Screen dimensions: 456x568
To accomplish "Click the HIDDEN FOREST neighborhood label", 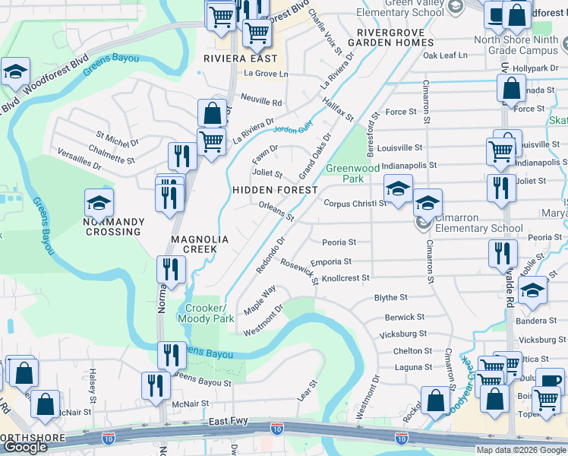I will [275, 189].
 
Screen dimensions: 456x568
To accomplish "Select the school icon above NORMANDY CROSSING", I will [99, 203].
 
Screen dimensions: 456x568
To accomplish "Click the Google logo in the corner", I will [25, 447].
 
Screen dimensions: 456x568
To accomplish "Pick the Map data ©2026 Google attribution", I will [520, 450].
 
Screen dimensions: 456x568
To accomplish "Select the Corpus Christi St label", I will [355, 204].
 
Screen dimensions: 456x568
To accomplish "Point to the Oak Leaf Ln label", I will [446, 55].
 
